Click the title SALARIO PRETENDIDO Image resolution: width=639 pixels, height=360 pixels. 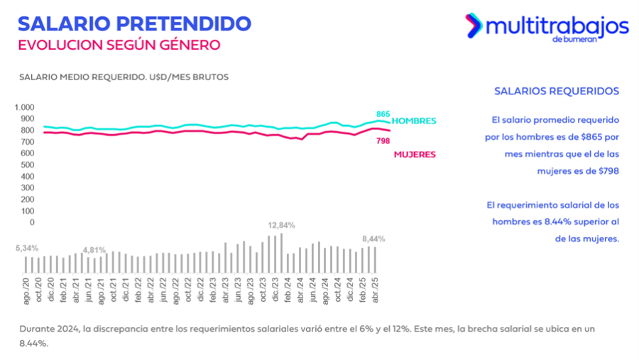pyautogui.click(x=134, y=23)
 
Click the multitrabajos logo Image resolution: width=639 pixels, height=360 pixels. pyautogui.click(x=547, y=27)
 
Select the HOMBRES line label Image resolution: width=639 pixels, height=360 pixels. pyautogui.click(x=414, y=121)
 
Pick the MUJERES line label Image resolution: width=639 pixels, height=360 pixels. pyautogui.click(x=415, y=154)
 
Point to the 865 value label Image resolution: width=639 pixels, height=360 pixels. pyautogui.click(x=383, y=114)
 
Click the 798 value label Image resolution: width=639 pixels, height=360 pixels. pyautogui.click(x=383, y=141)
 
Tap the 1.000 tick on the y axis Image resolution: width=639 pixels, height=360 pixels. pyautogui.click(x=23, y=107)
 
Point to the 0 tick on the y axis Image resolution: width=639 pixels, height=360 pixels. pyautogui.click(x=31, y=222)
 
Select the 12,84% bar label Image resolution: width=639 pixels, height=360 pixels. pyautogui.click(x=281, y=225)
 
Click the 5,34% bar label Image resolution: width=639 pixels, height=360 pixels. pyautogui.click(x=26, y=248)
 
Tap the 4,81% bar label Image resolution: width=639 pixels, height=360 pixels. pyautogui.click(x=94, y=250)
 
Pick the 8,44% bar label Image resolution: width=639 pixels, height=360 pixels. pyautogui.click(x=373, y=239)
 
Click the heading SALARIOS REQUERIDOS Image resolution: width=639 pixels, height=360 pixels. pyautogui.click(x=557, y=91)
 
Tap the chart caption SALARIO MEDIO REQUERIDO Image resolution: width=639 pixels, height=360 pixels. pyautogui.click(x=124, y=77)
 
